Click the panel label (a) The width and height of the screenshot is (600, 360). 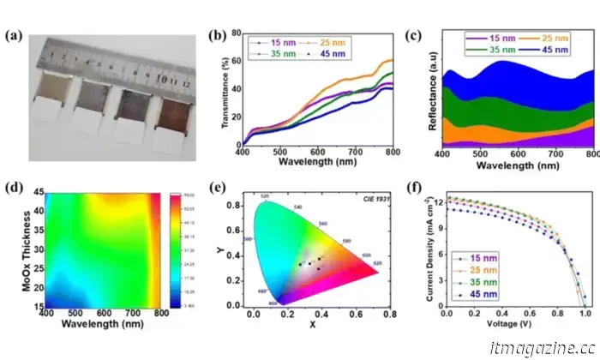(15, 35)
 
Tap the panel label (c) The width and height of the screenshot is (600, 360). (413, 35)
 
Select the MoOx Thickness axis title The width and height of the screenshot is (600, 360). (15, 249)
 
